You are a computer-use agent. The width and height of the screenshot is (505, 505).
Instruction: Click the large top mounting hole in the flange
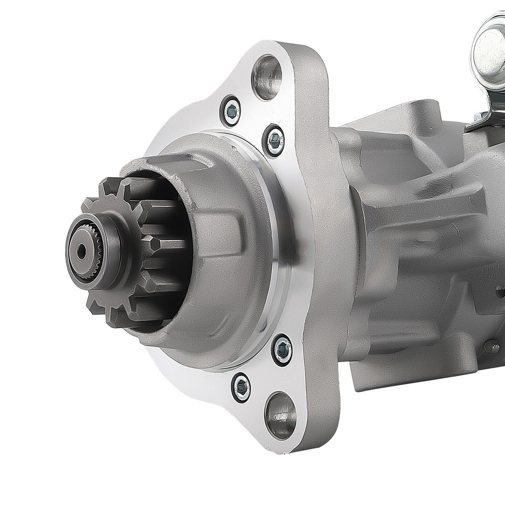point(267,77)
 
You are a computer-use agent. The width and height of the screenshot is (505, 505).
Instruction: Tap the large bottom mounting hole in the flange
point(280,416)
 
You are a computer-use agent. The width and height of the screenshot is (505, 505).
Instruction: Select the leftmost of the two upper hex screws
point(231,110)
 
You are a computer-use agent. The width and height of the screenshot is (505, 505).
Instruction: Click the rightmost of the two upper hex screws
point(274,140)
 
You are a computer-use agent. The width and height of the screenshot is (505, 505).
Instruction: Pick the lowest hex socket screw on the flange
point(241,387)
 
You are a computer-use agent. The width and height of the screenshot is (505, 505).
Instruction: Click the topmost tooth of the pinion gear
point(110,187)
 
